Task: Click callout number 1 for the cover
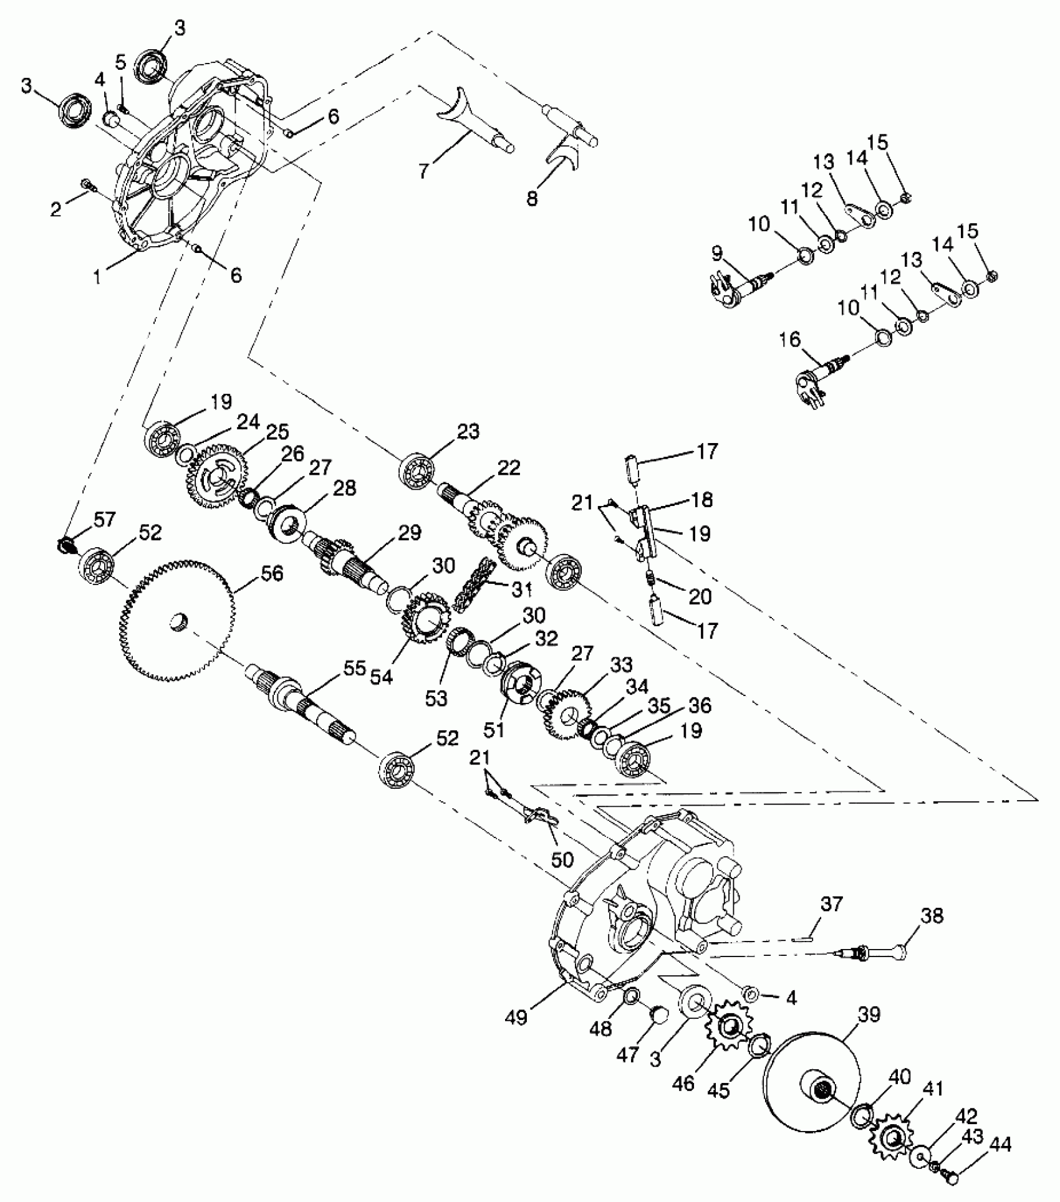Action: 97,277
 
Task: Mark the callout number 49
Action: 517,1018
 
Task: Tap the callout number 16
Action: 789,340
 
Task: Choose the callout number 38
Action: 932,917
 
